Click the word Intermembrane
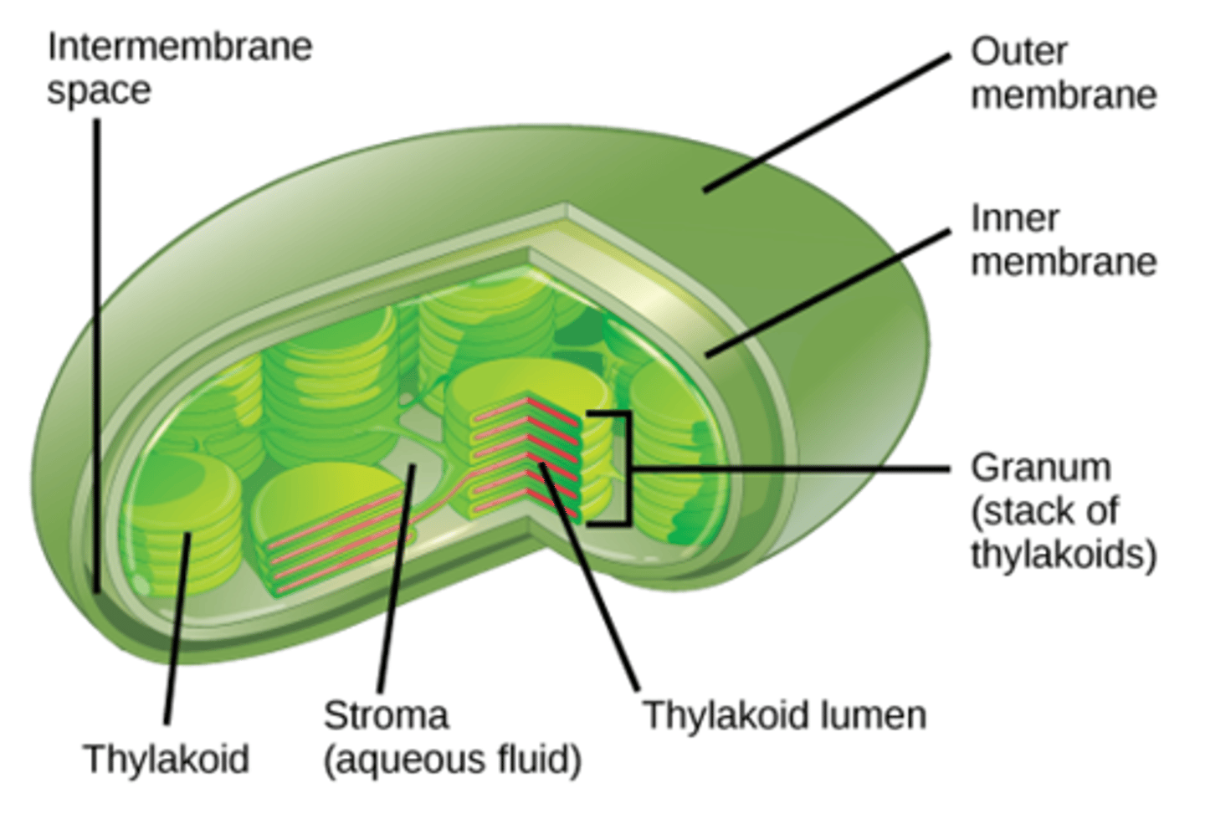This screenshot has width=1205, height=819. (x=180, y=48)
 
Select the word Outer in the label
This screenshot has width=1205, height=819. (x=1019, y=52)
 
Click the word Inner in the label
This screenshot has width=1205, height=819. (x=1015, y=219)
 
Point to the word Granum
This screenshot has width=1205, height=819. (x=1041, y=468)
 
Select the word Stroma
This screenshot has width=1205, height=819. (x=386, y=716)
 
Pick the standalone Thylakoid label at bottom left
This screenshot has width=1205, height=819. (x=167, y=759)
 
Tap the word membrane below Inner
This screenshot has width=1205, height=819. (x=1064, y=263)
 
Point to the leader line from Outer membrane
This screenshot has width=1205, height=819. (x=828, y=123)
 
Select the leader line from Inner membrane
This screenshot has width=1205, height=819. (x=828, y=294)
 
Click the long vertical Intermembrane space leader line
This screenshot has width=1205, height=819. (x=97, y=356)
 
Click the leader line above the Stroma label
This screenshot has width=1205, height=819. (x=397, y=578)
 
